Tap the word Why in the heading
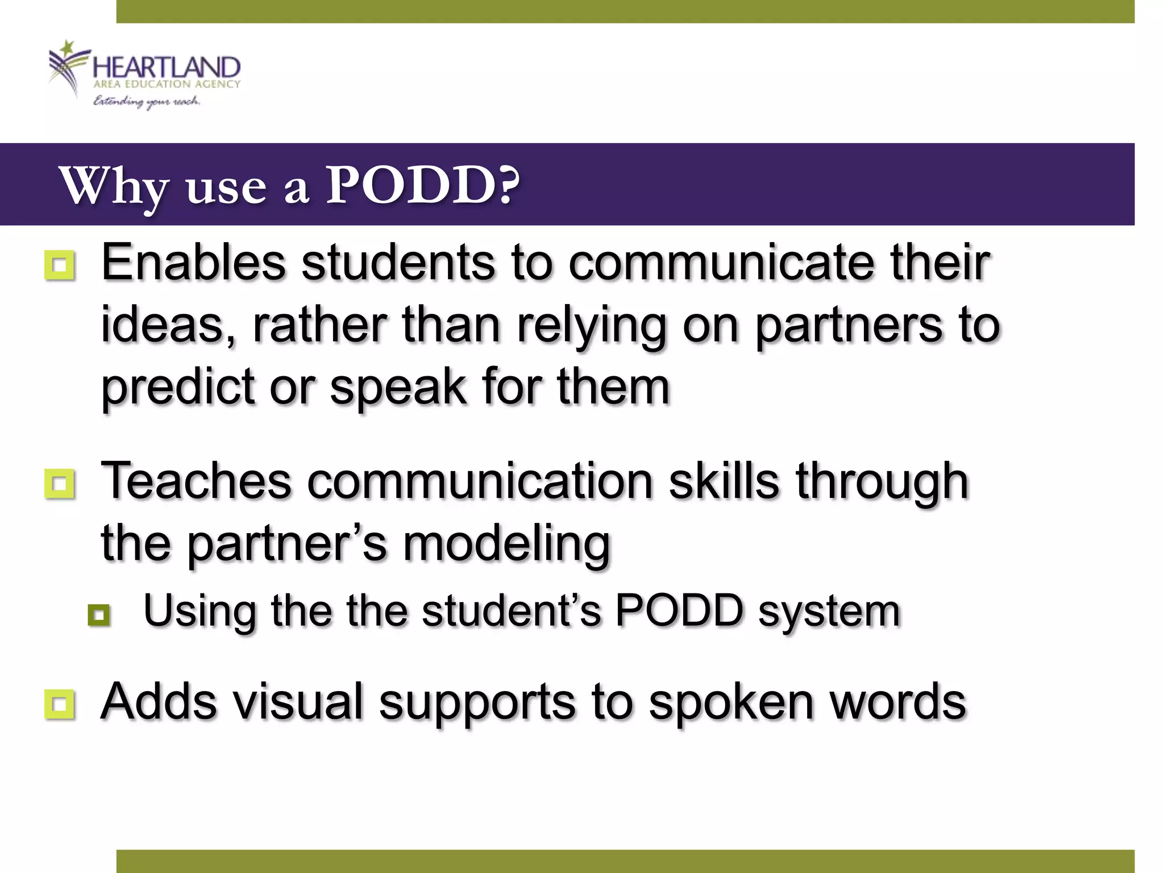click(x=114, y=186)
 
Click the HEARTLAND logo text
click(x=166, y=68)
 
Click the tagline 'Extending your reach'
click(x=147, y=102)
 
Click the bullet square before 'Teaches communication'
click(x=59, y=484)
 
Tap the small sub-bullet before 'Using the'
click(x=99, y=614)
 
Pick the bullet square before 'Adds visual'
click(x=59, y=705)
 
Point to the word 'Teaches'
click(x=196, y=481)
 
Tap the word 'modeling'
click(x=506, y=543)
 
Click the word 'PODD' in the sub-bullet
click(x=679, y=610)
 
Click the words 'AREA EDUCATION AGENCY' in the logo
click(x=167, y=84)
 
